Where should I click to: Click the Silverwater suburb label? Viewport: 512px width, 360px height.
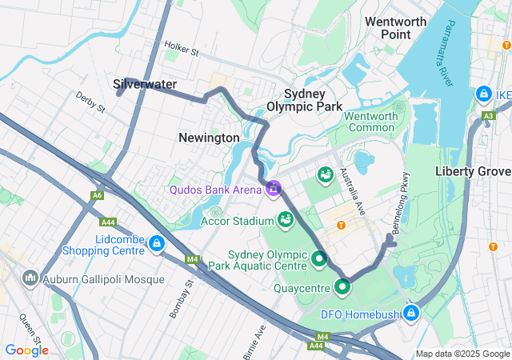coord(145,84)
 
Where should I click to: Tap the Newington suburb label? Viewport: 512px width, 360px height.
coord(209,138)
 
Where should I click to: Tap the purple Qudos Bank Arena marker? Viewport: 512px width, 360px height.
coord(274,188)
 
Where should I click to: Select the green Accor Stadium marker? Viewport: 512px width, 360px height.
coord(286,218)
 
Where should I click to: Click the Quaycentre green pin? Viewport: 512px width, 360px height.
coord(343,286)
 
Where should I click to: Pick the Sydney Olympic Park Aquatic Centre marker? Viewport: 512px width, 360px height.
coord(319,258)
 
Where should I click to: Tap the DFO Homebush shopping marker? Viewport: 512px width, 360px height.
coord(412,313)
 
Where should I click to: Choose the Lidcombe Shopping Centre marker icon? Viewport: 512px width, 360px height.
coord(157,242)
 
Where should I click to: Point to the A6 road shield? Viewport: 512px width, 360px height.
coord(97,195)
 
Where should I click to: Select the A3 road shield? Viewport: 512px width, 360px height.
coord(489,117)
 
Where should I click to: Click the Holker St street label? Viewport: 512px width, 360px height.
coord(181,50)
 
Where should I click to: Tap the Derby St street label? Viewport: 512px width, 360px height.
coord(90,102)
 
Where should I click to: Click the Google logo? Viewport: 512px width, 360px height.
coord(26,350)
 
